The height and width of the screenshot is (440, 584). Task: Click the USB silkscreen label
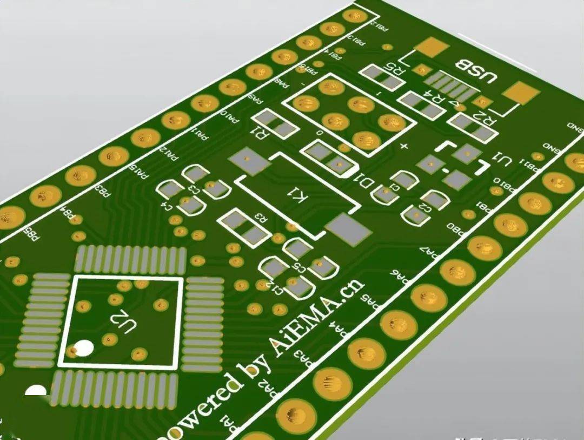coord(475,70)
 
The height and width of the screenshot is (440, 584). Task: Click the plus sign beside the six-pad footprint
coord(403,146)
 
